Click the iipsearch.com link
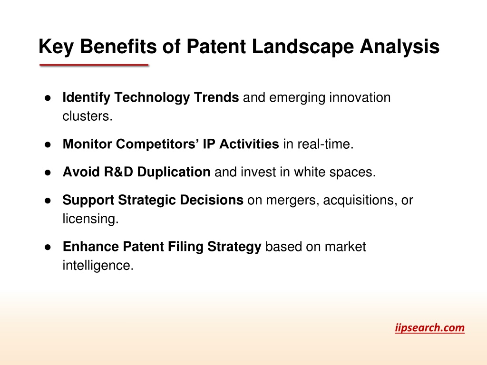[430, 328]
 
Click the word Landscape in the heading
[303, 47]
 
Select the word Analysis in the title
[399, 47]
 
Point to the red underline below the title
[94, 65]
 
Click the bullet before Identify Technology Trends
[48, 98]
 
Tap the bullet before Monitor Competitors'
[48, 144]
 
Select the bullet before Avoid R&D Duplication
[48, 173]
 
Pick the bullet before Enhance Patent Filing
[48, 247]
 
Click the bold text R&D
[118, 172]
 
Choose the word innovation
[360, 97]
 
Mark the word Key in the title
[56, 47]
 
